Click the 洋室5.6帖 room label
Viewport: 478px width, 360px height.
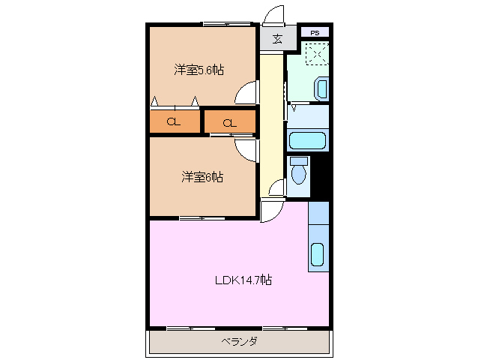pos(199,70)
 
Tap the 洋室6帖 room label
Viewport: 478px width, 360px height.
pos(202,177)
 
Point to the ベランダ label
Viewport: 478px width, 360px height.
pos(240,342)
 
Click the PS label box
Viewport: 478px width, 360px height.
pos(315,32)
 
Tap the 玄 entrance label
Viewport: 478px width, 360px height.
pos(276,39)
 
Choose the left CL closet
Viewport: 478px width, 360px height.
pos(173,122)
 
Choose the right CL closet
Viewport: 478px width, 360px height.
pos(229,122)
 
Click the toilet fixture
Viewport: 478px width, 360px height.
pos(299,171)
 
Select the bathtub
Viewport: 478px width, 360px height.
pos(306,140)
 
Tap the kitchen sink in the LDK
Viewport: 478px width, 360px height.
pos(318,255)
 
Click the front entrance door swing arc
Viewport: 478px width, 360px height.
pos(274,15)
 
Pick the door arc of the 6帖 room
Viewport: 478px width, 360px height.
pos(246,150)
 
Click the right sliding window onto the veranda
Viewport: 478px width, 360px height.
pos(285,328)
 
